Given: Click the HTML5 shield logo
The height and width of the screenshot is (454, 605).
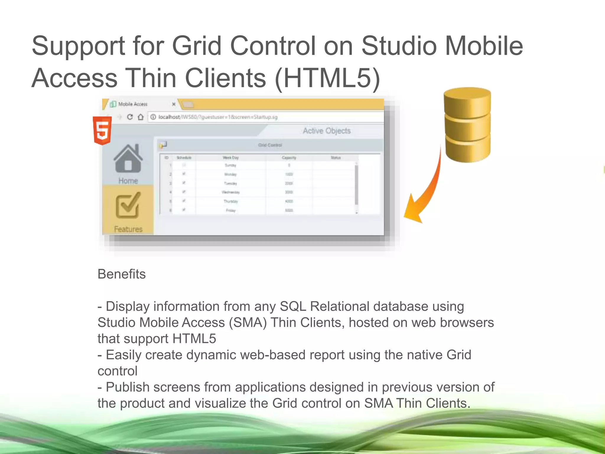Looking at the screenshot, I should [102, 130].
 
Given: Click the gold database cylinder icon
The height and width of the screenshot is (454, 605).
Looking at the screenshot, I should [467, 125].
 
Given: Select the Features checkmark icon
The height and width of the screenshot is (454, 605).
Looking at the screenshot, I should [128, 205].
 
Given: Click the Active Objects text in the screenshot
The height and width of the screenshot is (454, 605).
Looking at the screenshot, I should [327, 131].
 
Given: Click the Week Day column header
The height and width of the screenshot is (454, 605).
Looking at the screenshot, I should [230, 158].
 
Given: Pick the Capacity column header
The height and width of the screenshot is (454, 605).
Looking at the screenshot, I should [289, 158].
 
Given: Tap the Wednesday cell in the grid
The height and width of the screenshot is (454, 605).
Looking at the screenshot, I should [230, 192].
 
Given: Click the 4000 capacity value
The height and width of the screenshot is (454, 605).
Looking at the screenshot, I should [289, 201].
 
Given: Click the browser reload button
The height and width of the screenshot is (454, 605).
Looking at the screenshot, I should [130, 117].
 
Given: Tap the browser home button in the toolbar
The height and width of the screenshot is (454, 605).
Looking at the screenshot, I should [141, 117].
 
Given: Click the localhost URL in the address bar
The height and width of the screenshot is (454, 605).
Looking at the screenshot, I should [218, 117].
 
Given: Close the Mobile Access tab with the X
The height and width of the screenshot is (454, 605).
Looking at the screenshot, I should [174, 104].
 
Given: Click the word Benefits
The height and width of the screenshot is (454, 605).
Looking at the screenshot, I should [121, 274].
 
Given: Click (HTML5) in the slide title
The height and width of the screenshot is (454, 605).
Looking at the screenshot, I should [327, 78].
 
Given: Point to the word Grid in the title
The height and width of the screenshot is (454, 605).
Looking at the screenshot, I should [196, 46].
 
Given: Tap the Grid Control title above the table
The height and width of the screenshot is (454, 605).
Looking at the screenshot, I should [270, 145].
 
